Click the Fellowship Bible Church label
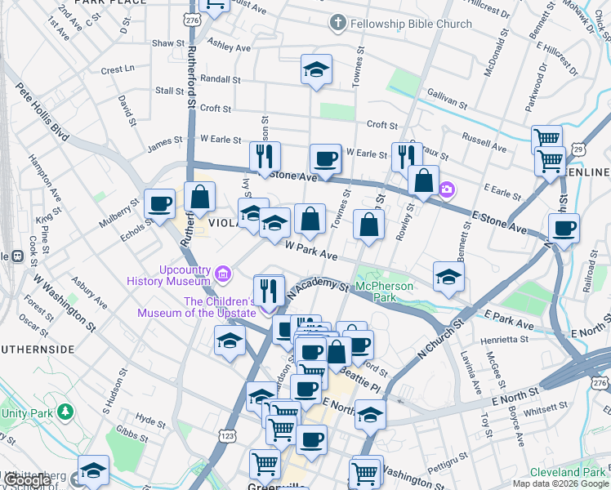coord(411,24)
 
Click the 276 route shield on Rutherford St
coord(192,19)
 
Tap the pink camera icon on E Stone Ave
coord(447,190)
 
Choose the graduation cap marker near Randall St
coord(316,70)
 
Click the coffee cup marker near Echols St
coord(160,203)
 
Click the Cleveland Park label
coord(566,472)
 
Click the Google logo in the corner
coord(26,481)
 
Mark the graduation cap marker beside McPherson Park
coord(448,277)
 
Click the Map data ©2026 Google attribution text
coord(560,483)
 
